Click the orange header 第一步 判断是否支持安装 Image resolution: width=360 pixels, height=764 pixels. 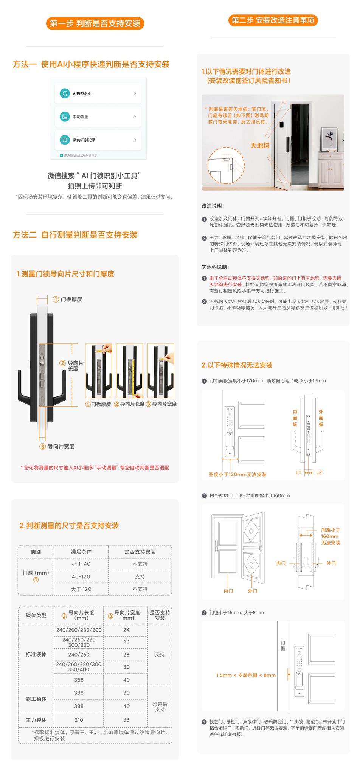coord(95,23)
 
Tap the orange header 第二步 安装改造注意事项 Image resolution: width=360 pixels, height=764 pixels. coord(273,20)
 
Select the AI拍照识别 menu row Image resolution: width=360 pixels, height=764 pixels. coord(98,93)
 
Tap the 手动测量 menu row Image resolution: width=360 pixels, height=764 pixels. coord(98,117)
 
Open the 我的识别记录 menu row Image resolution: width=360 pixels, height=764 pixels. coord(98,140)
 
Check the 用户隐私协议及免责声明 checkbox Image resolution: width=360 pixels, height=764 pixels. coord(61,155)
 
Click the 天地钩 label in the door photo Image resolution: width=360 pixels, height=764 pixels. coord(260,145)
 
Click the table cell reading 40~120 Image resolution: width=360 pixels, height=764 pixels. coord(81,576)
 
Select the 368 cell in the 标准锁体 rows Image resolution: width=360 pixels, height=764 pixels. coord(79,680)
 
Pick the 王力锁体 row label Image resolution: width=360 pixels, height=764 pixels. coord(36,720)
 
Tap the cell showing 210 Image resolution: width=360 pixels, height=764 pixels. coord(79,720)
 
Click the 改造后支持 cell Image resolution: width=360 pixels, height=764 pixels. coord(160,707)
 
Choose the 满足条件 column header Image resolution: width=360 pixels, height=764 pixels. coord(81,552)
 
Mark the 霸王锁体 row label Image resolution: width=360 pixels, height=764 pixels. coord(36,699)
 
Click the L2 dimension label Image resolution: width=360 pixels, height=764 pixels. coord(319,472)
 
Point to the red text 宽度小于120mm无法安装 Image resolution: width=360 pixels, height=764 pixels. coord(237,474)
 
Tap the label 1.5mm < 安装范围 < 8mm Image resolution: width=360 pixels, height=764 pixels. coord(246,675)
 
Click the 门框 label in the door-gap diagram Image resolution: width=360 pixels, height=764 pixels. coord(283,646)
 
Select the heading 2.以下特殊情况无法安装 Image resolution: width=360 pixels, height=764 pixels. coord(237,365)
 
